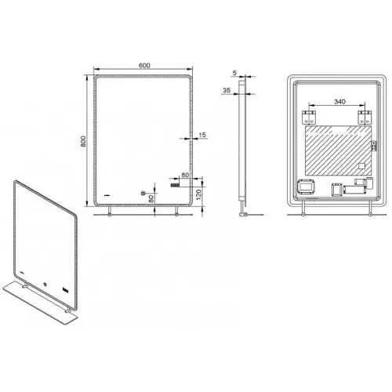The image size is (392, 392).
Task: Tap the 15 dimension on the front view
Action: pyautogui.click(x=201, y=135)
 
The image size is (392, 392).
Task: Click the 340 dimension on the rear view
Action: pyautogui.click(x=337, y=100)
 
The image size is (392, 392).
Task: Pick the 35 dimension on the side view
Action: pyautogui.click(x=226, y=91)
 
